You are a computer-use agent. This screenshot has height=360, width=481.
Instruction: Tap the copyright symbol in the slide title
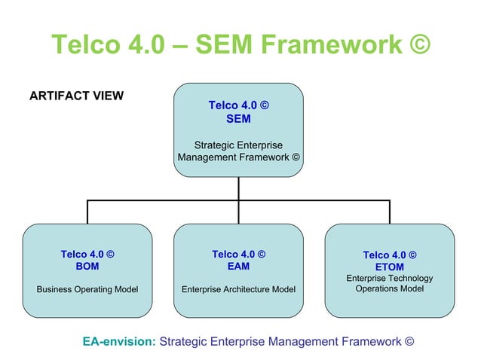click(418, 44)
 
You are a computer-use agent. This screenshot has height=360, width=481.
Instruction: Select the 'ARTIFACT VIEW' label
click(76, 96)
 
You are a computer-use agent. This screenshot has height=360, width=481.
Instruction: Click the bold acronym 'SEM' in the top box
click(238, 118)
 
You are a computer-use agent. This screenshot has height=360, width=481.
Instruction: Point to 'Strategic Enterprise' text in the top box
click(238, 145)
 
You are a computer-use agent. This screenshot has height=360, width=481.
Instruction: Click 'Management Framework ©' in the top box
click(238, 157)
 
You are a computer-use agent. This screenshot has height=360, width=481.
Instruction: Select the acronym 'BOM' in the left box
click(87, 266)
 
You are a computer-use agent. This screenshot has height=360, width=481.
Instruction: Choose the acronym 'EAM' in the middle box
click(238, 266)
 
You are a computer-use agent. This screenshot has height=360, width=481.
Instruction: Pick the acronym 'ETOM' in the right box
click(389, 267)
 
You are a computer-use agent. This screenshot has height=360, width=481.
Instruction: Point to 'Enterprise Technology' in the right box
click(389, 279)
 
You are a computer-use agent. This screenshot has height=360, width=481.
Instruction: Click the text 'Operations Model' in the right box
click(389, 288)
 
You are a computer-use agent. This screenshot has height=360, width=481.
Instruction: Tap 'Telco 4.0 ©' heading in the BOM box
click(87, 255)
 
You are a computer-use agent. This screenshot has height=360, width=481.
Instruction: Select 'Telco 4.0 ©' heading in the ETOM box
click(389, 255)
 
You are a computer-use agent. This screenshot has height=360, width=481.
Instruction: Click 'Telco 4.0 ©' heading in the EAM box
click(238, 255)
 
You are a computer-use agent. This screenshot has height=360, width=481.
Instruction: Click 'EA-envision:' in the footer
click(119, 341)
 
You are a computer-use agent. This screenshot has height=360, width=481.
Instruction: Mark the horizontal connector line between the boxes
click(166, 200)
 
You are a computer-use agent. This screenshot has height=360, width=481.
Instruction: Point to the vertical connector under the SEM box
click(239, 188)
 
